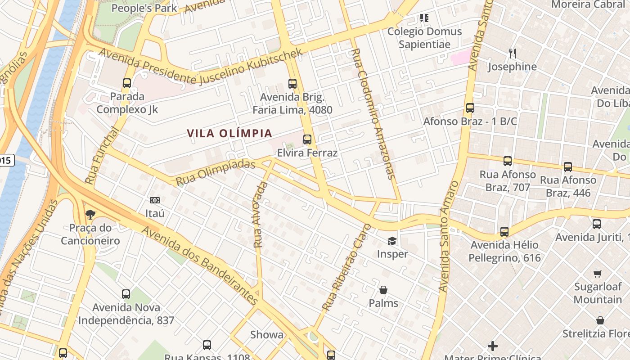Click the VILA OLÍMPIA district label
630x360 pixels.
pos(229,134)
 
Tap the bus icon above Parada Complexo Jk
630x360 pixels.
pos(127,83)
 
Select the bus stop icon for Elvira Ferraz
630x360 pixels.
pos(307,139)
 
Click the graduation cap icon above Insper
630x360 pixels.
pos(392,241)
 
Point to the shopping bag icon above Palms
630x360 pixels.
pos(383,290)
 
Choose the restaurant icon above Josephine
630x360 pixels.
pos(513,54)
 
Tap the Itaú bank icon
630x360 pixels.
pos(155,200)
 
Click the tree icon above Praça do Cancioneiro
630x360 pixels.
pos(90,214)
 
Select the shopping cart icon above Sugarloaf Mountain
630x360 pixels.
pos(598,274)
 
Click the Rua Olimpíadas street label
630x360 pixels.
pos(216,172)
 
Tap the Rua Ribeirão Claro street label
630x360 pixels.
pos(347,267)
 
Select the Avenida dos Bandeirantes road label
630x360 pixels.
pos(200,265)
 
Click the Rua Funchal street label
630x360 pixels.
pos(102,156)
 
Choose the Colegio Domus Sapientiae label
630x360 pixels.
pos(424,38)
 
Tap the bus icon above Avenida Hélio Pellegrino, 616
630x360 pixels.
pos(504,232)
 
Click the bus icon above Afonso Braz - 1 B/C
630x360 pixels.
pos(470,108)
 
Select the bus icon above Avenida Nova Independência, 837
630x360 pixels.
pos(126,294)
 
